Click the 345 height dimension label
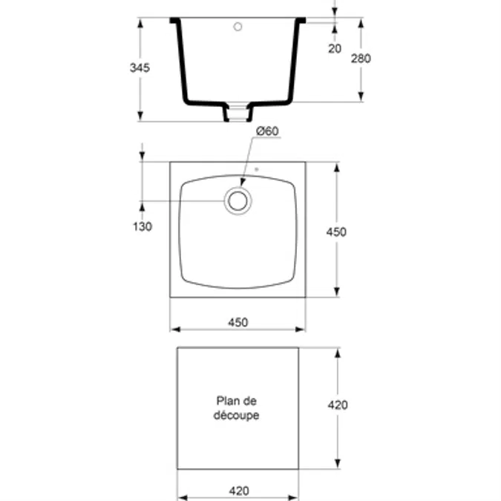pyautogui.click(x=140, y=68)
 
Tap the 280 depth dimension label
pyautogui.click(x=361, y=59)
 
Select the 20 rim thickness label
pyautogui.click(x=335, y=48)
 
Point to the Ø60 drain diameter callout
pyautogui.click(x=267, y=131)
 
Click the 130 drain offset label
pyautogui.click(x=143, y=226)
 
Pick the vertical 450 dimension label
pyautogui.click(x=336, y=232)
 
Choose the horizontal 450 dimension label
pyautogui.click(x=238, y=322)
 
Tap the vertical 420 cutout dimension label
pyautogui.click(x=338, y=405)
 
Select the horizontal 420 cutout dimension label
pyautogui.click(x=239, y=491)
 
